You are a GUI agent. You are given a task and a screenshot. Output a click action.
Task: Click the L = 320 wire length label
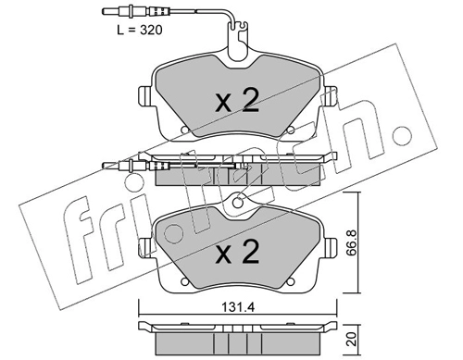tap(140, 31)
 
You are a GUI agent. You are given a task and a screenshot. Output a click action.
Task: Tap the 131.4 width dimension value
tap(238, 307)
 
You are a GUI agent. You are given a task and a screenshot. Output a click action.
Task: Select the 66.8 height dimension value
tap(352, 242)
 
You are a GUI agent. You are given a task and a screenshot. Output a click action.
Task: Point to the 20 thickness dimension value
tap(352, 339)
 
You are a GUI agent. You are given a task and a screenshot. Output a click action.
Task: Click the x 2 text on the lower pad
tap(237, 252)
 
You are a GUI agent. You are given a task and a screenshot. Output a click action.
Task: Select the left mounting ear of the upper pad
tap(144, 95)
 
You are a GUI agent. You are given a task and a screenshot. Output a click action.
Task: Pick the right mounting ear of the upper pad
tap(331, 95)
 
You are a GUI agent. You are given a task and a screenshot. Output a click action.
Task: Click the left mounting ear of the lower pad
tap(144, 247)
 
